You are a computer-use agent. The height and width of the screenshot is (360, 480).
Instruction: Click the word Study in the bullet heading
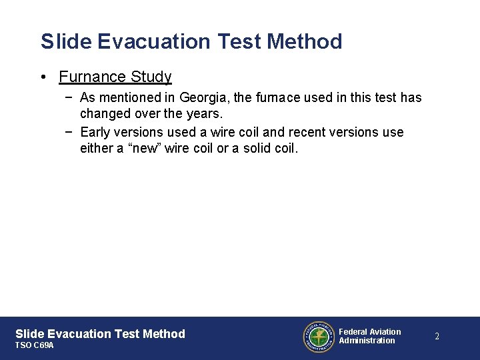(x=151, y=77)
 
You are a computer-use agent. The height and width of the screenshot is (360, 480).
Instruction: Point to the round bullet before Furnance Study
(x=42, y=77)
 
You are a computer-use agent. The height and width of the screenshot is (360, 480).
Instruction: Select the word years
(x=204, y=113)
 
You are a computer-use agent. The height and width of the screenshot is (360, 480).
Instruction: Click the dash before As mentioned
(x=70, y=97)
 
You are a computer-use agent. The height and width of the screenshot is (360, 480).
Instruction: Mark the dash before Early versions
(x=70, y=132)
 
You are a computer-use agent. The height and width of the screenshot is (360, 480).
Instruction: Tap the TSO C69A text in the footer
(x=34, y=346)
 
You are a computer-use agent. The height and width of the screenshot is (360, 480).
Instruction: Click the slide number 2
(x=437, y=337)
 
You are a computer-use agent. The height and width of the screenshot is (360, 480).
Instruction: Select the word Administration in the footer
(x=367, y=341)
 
